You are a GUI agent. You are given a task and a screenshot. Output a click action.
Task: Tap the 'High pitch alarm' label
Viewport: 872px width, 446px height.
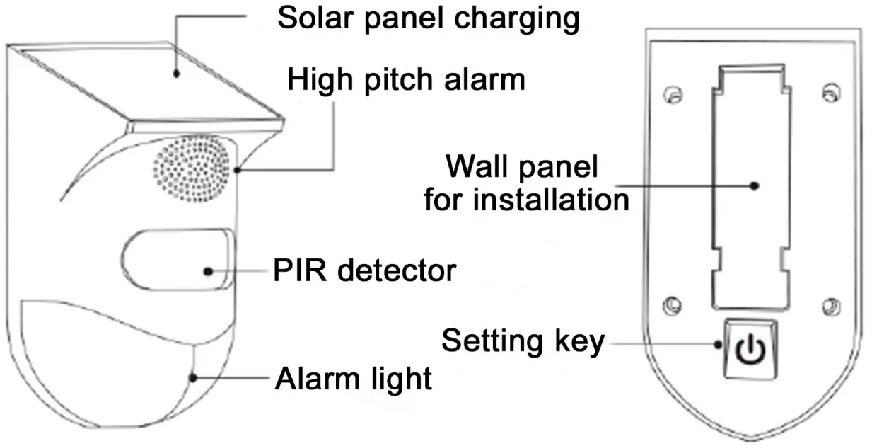coord(405,80)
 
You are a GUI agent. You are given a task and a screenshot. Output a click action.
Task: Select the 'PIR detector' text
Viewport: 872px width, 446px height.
coord(365,270)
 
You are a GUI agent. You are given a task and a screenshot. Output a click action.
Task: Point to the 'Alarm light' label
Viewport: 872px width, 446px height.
coord(353,379)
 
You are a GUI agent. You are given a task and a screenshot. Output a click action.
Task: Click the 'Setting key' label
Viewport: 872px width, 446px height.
coord(523,341)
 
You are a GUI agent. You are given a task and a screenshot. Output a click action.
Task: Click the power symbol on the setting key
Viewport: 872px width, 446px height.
coord(750,348)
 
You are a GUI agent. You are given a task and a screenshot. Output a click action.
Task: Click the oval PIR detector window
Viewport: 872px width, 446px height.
coord(177,258)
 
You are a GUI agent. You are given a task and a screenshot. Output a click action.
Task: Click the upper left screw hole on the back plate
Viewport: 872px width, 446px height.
coord(674,94)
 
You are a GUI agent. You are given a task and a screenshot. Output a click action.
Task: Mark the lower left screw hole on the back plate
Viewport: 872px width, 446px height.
coord(671,305)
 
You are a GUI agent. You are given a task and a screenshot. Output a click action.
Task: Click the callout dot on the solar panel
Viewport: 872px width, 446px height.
coord(177,72)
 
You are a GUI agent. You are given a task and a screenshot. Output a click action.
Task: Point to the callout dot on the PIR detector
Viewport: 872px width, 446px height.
coord(208,270)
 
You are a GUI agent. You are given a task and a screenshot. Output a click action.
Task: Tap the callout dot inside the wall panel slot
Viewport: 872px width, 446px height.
coord(755,185)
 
